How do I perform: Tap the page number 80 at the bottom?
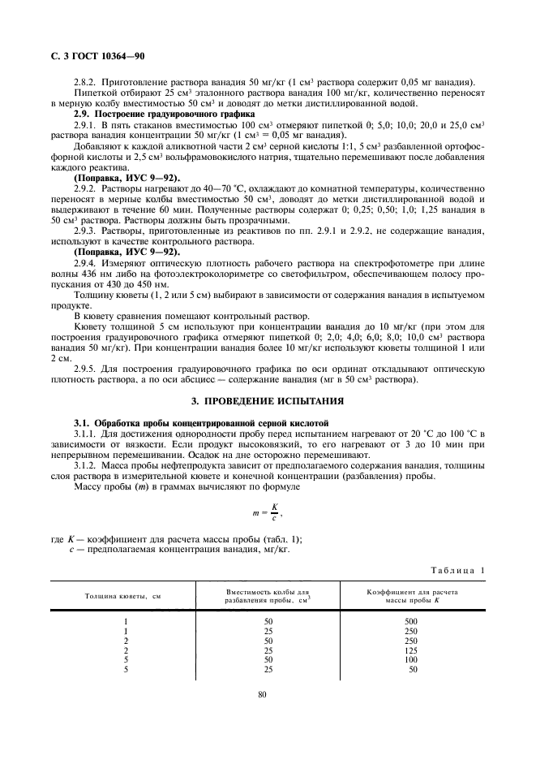[262, 694]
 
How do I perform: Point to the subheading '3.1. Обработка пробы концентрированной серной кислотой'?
[201, 423]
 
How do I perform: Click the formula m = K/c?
[268, 514]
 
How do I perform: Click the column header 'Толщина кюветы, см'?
[123, 596]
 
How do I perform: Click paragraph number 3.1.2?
[87, 466]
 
